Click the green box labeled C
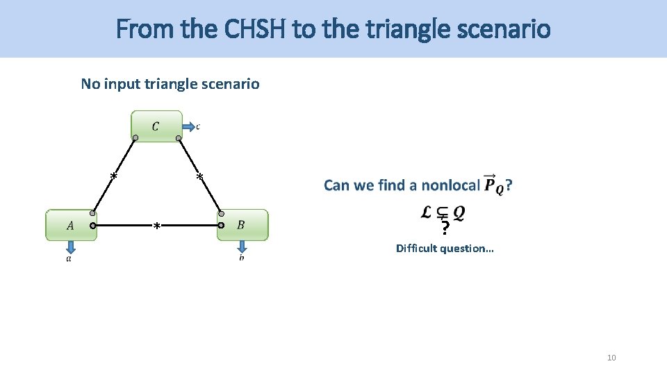coord(156,126)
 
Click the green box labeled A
coord(71,225)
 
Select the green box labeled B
coord(242,225)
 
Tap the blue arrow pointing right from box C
coord(188,126)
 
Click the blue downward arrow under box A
coord(70,248)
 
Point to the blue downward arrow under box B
coord(241,247)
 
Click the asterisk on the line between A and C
coord(113,176)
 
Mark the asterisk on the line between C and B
coord(199,178)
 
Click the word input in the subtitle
coord(123,84)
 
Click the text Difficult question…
coord(445,248)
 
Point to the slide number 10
coord(611,358)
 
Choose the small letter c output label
coord(198,126)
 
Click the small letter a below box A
coord(68,259)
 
